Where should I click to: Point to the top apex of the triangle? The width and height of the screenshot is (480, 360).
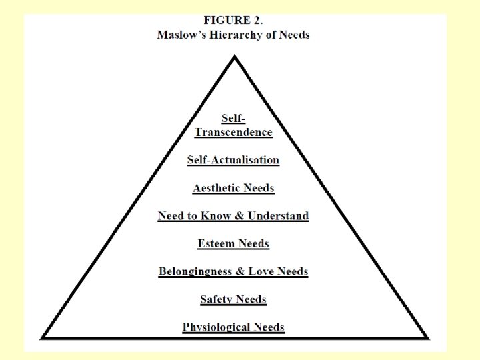click(234, 57)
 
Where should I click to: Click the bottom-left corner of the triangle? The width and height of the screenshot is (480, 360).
click(43, 337)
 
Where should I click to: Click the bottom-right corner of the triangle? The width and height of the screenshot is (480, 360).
click(427, 337)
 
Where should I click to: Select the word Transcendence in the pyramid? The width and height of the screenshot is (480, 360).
click(233, 132)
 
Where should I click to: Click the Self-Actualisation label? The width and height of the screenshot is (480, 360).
click(233, 160)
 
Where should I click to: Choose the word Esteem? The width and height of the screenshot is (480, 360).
click(215, 244)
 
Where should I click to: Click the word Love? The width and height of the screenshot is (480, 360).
click(261, 272)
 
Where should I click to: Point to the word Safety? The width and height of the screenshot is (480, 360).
click(215, 300)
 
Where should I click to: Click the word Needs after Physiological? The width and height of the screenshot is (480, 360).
click(268, 327)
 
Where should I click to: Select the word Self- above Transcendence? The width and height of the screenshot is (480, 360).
click(233, 119)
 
